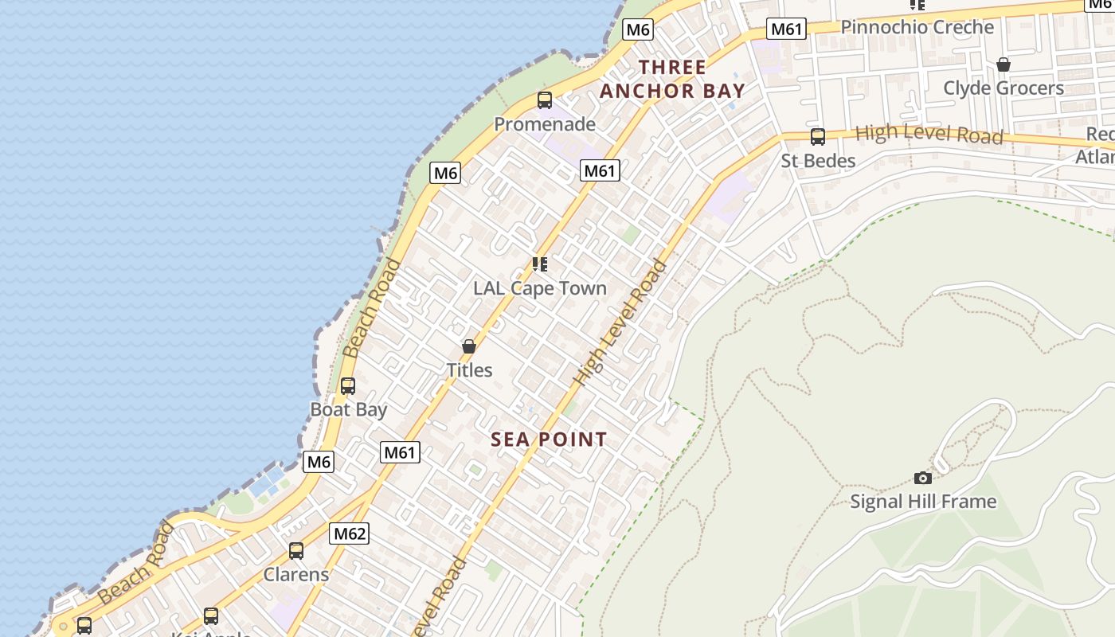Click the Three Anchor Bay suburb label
coord(672,79)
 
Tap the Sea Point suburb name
coord(549,440)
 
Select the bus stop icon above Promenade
coord(545,100)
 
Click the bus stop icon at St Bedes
coord(818,136)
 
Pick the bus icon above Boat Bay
coord(348,386)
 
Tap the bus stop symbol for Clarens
coord(296,550)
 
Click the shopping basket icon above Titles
coord(469,346)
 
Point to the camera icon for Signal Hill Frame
coord(923,478)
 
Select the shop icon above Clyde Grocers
coord(1003,64)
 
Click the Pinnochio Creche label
coord(917,27)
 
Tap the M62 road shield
coord(350,533)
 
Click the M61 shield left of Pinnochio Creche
coord(787,29)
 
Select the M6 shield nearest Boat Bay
coord(319,462)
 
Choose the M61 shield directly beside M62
coord(400,453)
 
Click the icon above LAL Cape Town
coord(540,264)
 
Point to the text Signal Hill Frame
coord(923,502)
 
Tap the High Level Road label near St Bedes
coord(929,135)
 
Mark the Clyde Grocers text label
coord(1003,88)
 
